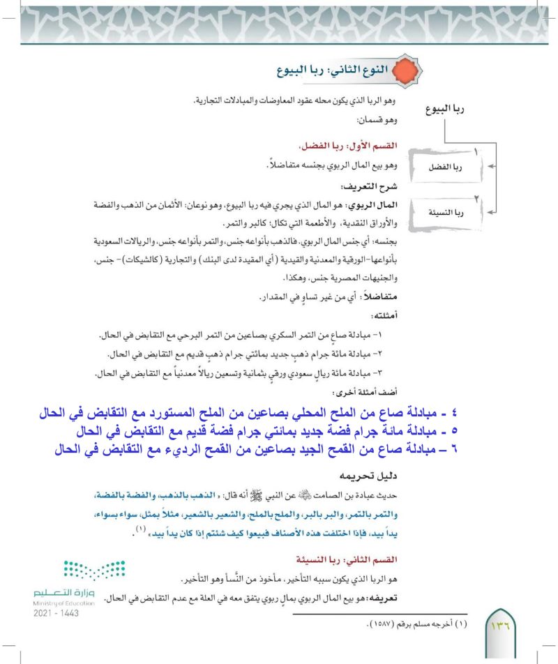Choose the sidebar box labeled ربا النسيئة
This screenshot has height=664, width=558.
pos(452,211)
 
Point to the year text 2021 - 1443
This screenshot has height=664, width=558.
pos(56,612)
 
